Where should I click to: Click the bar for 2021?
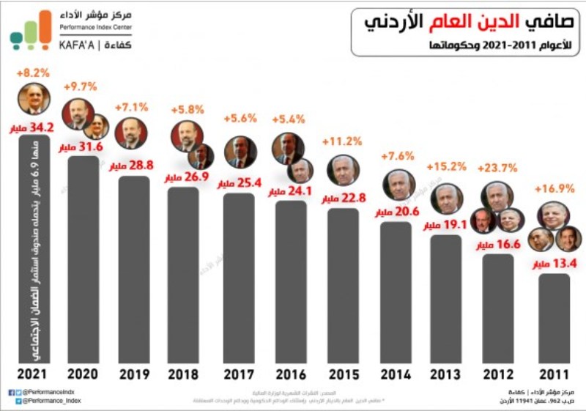pos(34,249)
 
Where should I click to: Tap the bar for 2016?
pos(291,282)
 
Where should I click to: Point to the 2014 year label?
pos(396,375)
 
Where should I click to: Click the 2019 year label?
pos(134,375)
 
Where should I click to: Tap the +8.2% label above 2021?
pos(32,73)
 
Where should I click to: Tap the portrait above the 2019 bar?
pos(131,133)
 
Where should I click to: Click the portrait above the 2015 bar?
pos(343,170)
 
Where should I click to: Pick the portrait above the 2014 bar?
pos(398,185)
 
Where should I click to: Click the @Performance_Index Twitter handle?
pos(51,401)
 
